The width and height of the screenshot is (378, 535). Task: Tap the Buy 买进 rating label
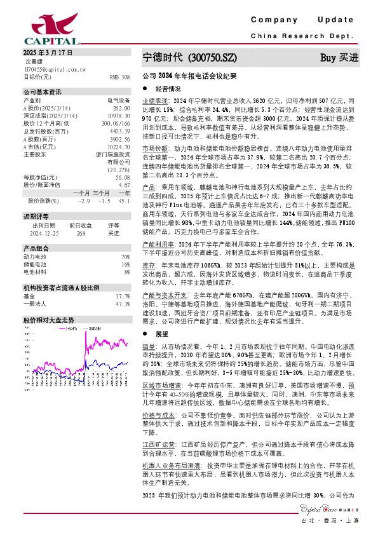click(339, 57)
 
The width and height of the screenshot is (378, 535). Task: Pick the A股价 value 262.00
click(121, 108)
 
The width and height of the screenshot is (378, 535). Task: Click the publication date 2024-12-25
click(43, 233)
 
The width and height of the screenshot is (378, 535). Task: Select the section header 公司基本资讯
click(43, 92)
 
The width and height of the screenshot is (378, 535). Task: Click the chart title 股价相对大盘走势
click(48, 320)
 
